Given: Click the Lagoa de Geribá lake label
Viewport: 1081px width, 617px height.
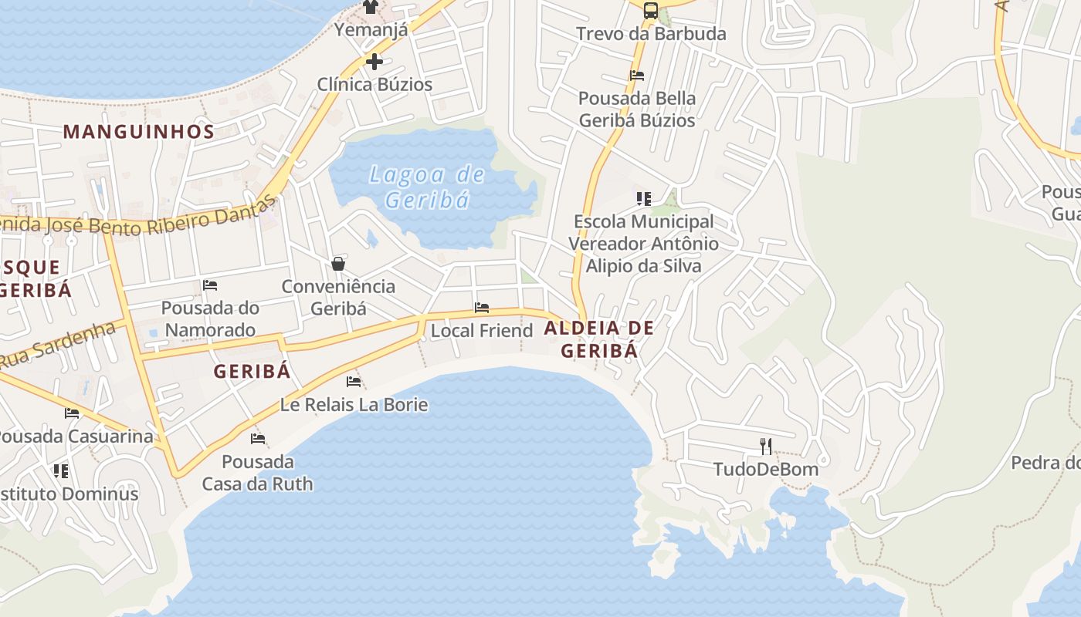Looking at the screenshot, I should point(427,187).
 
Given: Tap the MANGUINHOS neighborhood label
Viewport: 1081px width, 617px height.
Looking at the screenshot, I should point(139,132).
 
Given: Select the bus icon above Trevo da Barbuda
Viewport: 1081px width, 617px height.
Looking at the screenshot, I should point(651,10).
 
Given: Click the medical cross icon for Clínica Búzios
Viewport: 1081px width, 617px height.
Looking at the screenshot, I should point(374,62).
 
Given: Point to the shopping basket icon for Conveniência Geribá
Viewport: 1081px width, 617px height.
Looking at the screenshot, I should point(338,264).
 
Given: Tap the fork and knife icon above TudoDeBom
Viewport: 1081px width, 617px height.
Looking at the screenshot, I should point(766,446).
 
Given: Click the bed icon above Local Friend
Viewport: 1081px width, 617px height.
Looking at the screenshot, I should point(482,308).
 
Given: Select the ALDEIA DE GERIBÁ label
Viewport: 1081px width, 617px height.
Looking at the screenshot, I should point(599,339).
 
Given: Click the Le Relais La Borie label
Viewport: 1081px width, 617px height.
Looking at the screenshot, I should point(354,405).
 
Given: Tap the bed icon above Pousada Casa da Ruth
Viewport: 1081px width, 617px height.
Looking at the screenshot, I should point(258,439).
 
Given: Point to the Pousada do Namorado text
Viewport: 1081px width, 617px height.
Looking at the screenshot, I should point(210,319).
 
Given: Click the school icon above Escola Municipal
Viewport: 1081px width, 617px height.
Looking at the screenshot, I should point(644,199).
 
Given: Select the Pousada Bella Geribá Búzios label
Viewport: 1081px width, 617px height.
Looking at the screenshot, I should point(637,110).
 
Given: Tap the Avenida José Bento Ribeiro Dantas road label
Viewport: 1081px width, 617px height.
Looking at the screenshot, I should point(139,220).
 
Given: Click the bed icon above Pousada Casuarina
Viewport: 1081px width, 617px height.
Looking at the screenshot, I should point(72,413).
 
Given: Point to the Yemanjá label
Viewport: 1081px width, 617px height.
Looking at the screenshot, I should point(371,30).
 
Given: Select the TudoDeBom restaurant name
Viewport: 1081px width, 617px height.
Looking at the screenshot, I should point(766,469).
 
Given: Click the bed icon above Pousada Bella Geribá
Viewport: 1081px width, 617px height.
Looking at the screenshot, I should point(637,76).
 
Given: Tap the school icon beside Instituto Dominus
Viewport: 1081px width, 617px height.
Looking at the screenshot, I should point(60,470).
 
